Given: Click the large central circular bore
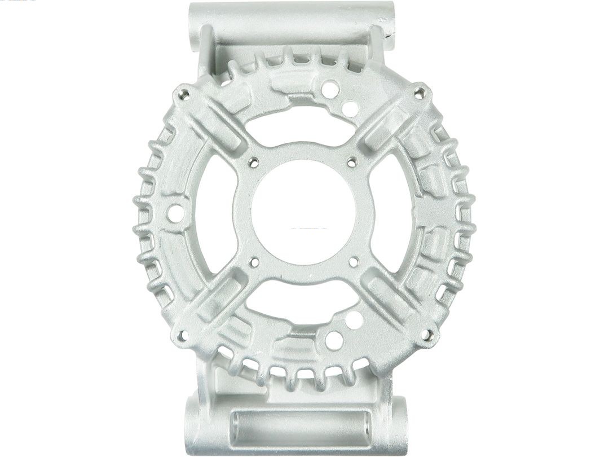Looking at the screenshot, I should (304, 211).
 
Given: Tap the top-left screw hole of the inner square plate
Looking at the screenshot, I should (254, 162).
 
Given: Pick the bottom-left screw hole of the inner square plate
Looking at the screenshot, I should (254, 262).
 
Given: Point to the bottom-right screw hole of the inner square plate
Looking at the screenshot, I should (354, 261).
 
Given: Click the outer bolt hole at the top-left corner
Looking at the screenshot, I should (183, 95).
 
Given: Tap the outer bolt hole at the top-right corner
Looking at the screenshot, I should (420, 93).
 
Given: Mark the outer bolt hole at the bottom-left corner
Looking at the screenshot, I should (182, 336).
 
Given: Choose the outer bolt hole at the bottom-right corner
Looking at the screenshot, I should (427, 335).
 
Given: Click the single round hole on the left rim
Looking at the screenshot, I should (175, 213).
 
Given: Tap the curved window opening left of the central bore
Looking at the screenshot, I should (217, 214).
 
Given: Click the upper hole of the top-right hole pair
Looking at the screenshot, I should (331, 89).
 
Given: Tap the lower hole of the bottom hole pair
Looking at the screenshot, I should (333, 340).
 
